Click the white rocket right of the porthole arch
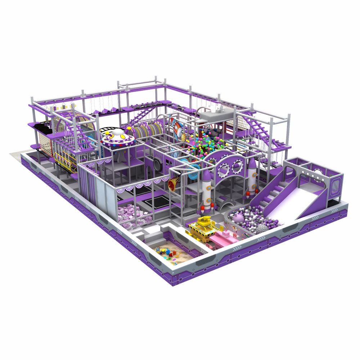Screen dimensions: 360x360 click(252, 176)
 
